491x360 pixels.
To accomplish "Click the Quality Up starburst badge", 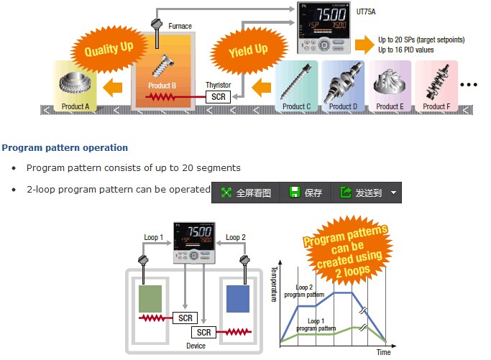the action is pos(109,50).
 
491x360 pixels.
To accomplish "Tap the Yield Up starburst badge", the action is pos(248,50).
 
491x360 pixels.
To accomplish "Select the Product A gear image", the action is pos(75,83).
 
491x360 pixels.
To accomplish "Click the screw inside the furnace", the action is pos(162,66).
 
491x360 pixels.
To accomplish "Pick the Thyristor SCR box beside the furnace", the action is pos(218,97).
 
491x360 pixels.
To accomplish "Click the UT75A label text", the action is pos(366,12).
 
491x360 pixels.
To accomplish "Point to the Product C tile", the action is pos(296,86).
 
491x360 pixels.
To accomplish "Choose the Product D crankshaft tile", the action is pos(343,86).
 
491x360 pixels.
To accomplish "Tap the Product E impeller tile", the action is pos(390,86).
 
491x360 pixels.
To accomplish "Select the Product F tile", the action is pos(436,86).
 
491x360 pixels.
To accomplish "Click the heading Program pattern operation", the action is pos(65,148).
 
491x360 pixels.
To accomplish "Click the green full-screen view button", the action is pos(246,193).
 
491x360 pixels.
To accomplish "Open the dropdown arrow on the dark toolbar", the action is pos(394,193).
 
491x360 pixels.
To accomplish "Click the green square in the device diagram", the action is pos(150,299).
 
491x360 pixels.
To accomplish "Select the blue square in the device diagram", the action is pos(238,299).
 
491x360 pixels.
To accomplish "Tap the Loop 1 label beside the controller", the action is pos(153,237).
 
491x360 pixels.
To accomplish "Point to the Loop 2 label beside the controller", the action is pos(236,237).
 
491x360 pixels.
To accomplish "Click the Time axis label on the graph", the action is pos(384,352).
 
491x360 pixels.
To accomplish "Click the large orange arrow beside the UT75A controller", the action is pos(364,45).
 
